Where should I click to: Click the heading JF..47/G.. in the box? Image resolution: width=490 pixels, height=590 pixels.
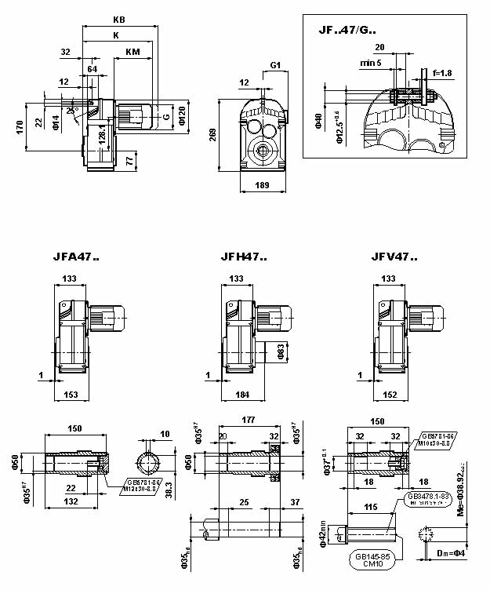[x=347, y=31]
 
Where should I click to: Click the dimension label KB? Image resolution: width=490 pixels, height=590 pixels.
[x=118, y=19]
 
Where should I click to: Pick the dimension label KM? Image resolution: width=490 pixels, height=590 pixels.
[x=132, y=52]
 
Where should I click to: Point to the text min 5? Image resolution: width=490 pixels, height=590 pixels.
[x=371, y=62]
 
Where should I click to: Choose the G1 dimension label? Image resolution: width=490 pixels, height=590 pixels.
[x=275, y=64]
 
